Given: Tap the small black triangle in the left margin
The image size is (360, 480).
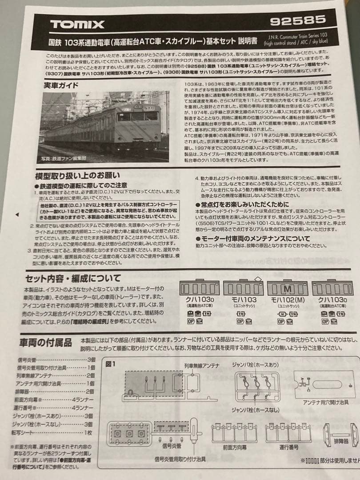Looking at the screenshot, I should [x=17, y=214].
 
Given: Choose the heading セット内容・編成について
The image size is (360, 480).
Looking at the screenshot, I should [x=73, y=278].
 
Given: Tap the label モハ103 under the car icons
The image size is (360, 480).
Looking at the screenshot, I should [x=244, y=300].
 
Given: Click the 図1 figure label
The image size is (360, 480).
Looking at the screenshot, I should [x=111, y=364].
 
